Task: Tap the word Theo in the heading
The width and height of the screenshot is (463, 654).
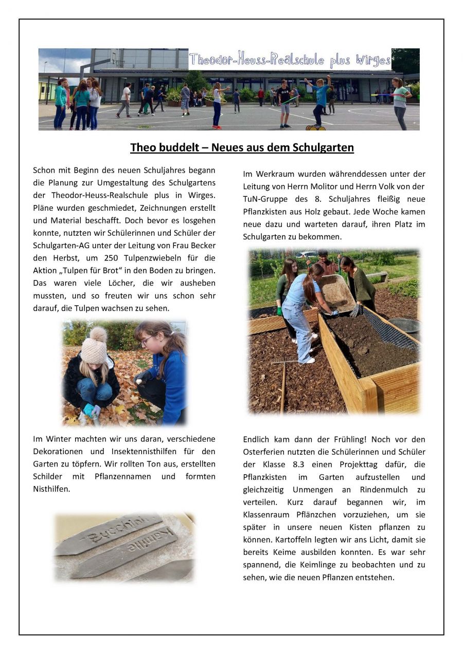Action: click(143, 148)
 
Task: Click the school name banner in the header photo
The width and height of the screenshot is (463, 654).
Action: click(290, 61)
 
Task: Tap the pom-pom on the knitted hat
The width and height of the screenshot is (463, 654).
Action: click(98, 335)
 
